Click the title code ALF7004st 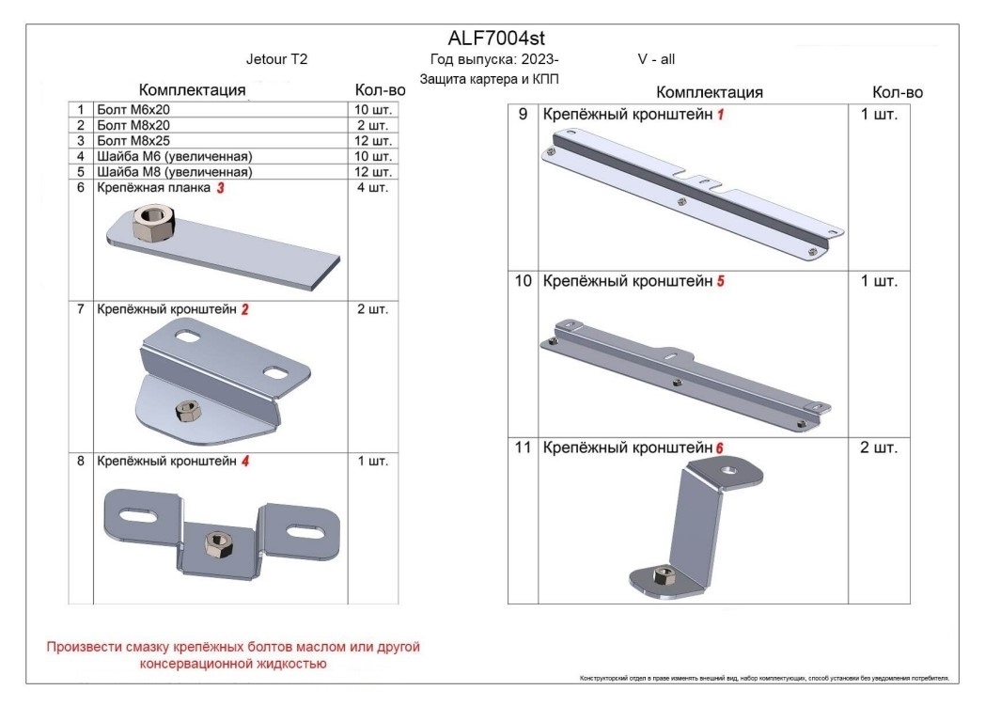(496, 39)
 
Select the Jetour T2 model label (276, 59)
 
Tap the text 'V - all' (656, 59)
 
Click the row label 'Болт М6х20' (133, 109)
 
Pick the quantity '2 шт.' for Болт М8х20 (373, 125)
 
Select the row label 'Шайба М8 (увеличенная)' (175, 171)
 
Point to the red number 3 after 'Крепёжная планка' (221, 188)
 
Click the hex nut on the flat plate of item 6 (152, 222)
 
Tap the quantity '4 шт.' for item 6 (373, 187)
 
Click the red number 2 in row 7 (244, 309)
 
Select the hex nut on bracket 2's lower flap (187, 412)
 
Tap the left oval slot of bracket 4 (137, 516)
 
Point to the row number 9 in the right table (523, 115)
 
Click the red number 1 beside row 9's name (721, 115)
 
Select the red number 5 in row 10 (721, 281)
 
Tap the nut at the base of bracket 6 (664, 574)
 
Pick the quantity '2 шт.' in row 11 (879, 447)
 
